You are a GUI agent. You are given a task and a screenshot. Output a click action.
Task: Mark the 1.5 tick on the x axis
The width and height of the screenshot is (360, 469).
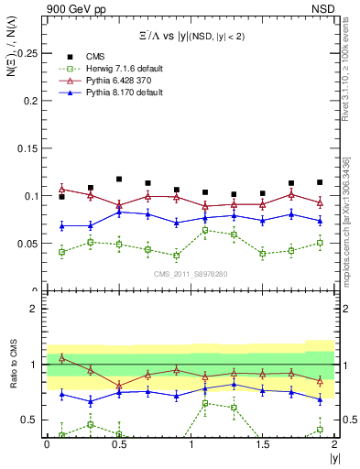pos(263,444)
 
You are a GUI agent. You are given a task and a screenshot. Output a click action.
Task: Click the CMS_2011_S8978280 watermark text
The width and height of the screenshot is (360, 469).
pos(191,273)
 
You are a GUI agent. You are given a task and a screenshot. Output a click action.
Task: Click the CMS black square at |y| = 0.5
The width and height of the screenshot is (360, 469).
pos(119,180)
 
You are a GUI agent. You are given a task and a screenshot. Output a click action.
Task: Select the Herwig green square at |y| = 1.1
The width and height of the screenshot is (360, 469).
pos(205,230)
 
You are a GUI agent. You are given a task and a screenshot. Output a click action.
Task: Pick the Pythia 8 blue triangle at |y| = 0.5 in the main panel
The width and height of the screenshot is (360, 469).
pos(119,212)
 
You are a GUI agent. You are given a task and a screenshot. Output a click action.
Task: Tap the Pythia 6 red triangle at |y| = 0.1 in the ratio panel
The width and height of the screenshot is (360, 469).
pos(61,358)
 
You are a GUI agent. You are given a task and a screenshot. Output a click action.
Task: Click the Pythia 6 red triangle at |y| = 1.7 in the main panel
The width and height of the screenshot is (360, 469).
pos(291,194)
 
